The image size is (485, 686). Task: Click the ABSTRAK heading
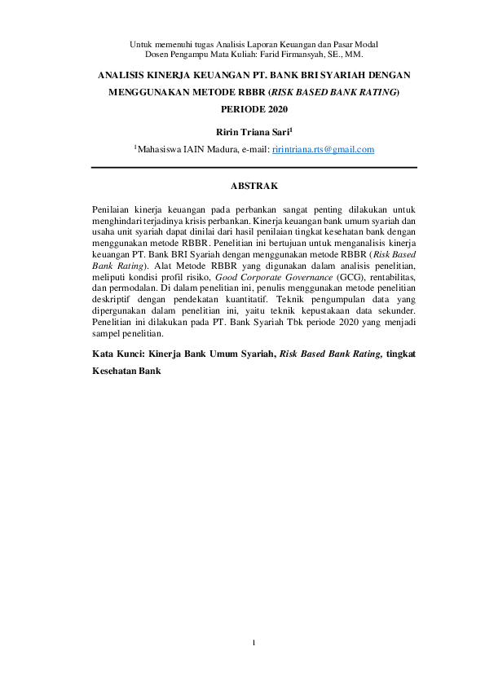pyautogui.click(x=254, y=187)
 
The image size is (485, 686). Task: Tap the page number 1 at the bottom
pyautogui.click(x=254, y=644)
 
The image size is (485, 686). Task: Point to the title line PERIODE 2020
pyautogui.click(x=254, y=108)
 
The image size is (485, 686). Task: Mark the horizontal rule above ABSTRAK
pyautogui.click(x=254, y=168)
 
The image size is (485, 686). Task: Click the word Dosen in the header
pyautogui.click(x=158, y=54)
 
